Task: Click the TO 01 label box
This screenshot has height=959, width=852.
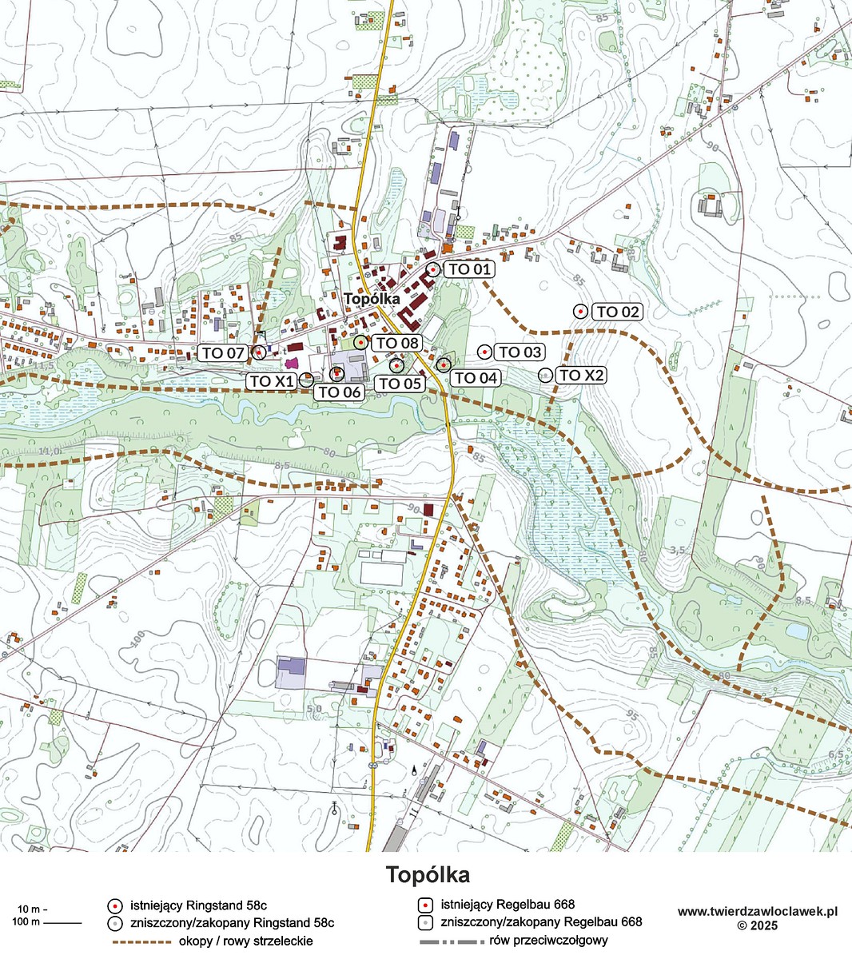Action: (x=469, y=269)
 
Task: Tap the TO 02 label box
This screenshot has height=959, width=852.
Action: (x=618, y=312)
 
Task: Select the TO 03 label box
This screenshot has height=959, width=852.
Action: (x=520, y=352)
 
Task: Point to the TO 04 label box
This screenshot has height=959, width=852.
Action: (x=476, y=377)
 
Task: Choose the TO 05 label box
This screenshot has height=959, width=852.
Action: (x=400, y=383)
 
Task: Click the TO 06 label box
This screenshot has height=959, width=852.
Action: (x=339, y=392)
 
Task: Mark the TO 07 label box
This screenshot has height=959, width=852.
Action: (x=223, y=352)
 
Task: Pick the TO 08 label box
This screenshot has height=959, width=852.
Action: (x=397, y=343)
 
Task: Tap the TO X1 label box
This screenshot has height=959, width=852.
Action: (x=272, y=381)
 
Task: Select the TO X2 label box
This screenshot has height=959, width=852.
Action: (x=581, y=376)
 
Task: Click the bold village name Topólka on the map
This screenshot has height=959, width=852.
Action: (x=372, y=298)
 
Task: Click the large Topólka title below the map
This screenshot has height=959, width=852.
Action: (x=427, y=874)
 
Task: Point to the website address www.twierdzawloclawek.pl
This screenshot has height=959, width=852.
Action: (x=757, y=911)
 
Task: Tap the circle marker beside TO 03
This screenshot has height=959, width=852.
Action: (x=484, y=352)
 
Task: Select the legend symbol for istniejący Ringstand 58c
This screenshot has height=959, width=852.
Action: (x=115, y=905)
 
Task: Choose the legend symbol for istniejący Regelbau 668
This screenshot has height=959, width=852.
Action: (x=427, y=905)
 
